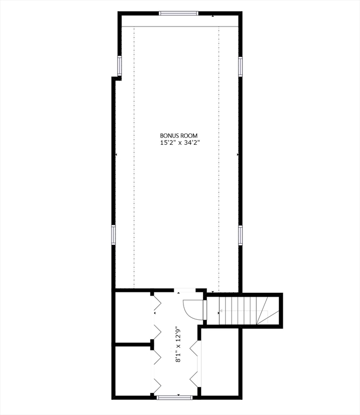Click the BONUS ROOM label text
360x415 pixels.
point(179,136)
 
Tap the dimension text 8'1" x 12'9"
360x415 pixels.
point(178,344)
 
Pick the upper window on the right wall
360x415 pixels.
point(241,66)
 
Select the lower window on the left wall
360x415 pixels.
point(114,235)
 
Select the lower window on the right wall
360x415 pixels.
point(241,235)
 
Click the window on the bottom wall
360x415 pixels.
point(174,397)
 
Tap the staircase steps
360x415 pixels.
point(237,311)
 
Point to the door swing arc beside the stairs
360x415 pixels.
point(192,310)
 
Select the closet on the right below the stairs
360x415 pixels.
point(219,362)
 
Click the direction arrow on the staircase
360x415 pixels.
point(219,311)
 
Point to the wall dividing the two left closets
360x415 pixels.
point(134,343)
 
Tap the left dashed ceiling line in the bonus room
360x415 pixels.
point(134,157)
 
